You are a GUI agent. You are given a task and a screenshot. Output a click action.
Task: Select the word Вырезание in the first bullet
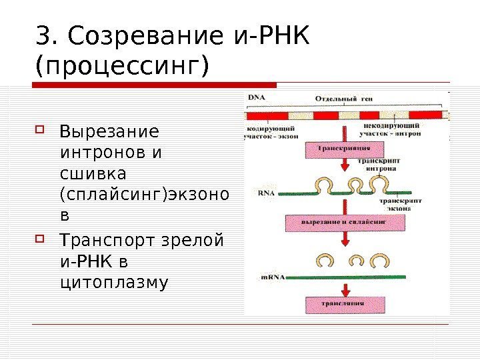coord(109,130)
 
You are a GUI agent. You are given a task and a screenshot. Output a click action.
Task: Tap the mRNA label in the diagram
coord(269,276)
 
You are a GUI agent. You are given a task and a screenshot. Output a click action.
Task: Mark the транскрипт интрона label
coord(377,165)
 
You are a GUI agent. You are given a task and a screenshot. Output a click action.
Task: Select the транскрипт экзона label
coord(399,204)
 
